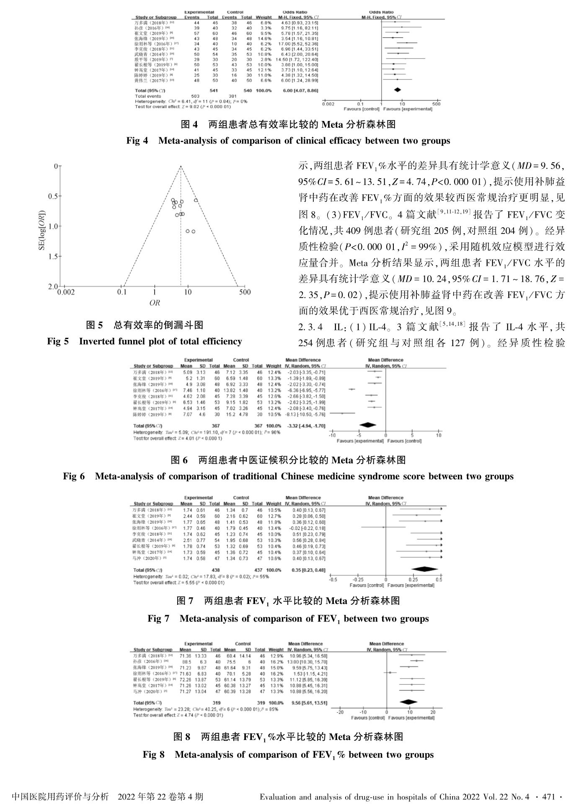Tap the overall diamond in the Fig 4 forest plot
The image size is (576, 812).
coord(397,90)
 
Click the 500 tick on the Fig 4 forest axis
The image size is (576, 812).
coord(436,104)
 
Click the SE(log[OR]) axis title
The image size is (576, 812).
coord(42,226)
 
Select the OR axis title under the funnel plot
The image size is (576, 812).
coord(155,303)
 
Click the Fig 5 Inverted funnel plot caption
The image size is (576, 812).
coord(145,342)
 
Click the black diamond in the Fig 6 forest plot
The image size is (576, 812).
coord(368,425)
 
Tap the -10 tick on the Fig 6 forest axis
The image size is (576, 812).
coord(332,435)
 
